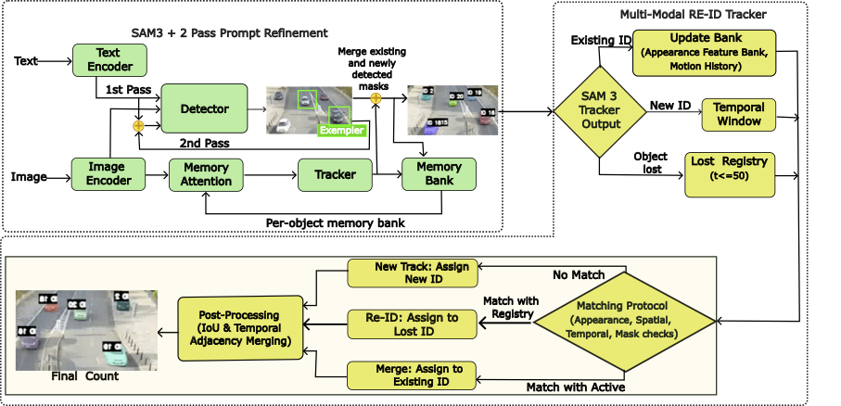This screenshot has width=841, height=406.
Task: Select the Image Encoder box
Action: tap(109, 173)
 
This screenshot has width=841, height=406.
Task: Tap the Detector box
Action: tap(204, 108)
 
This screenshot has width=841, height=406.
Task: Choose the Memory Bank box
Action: tap(438, 173)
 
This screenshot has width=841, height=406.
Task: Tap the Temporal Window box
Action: tap(738, 114)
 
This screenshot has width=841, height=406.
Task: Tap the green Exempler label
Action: tap(340, 131)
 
